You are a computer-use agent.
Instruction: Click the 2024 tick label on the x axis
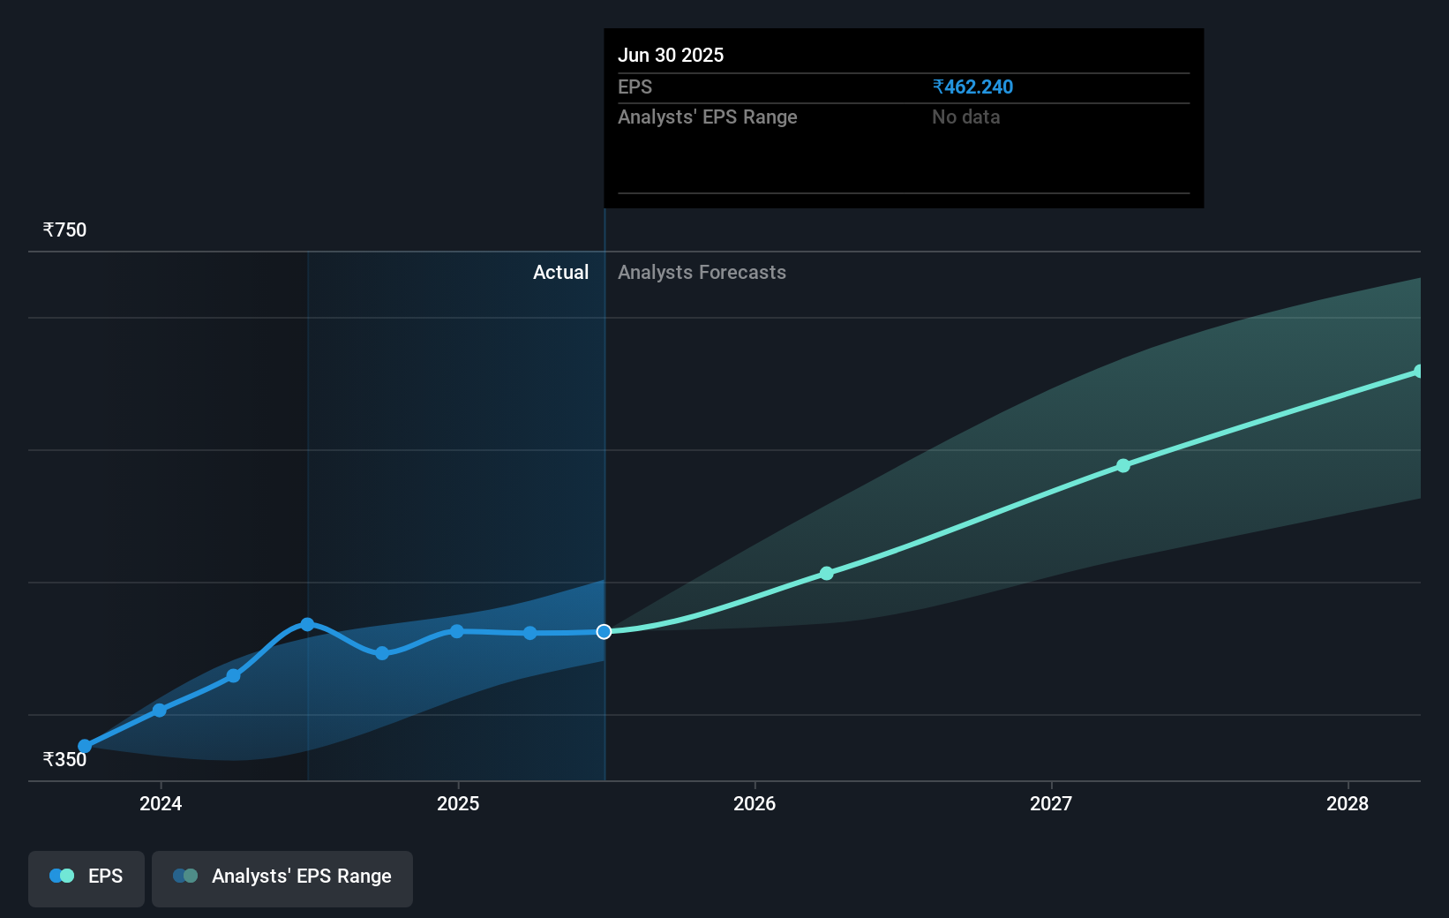(x=161, y=803)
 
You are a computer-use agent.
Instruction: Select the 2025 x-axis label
(x=458, y=803)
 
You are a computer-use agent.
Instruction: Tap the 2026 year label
(x=755, y=803)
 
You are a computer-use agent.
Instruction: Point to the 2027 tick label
(x=1051, y=803)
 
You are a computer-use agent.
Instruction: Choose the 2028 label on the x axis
(x=1348, y=803)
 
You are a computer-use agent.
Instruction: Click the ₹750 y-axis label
(x=64, y=230)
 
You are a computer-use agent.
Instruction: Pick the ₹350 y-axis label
(x=64, y=759)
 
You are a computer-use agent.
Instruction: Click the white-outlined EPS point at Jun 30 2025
(x=604, y=632)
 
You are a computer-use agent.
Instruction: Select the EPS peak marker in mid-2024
(x=307, y=625)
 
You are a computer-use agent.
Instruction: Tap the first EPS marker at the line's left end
(x=85, y=746)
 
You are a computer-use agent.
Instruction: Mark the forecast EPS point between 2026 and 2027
(x=827, y=574)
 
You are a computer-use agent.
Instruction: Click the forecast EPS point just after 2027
(x=1123, y=465)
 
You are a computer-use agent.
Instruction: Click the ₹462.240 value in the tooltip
(x=972, y=87)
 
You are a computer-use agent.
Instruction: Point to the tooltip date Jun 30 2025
(x=671, y=55)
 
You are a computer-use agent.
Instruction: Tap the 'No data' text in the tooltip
(x=965, y=117)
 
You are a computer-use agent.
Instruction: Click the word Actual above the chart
(x=560, y=273)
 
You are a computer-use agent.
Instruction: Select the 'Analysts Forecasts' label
(x=702, y=273)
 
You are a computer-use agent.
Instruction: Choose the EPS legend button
(x=86, y=877)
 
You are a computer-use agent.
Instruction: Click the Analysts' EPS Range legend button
(x=282, y=877)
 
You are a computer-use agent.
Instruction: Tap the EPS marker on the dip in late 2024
(x=382, y=653)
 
